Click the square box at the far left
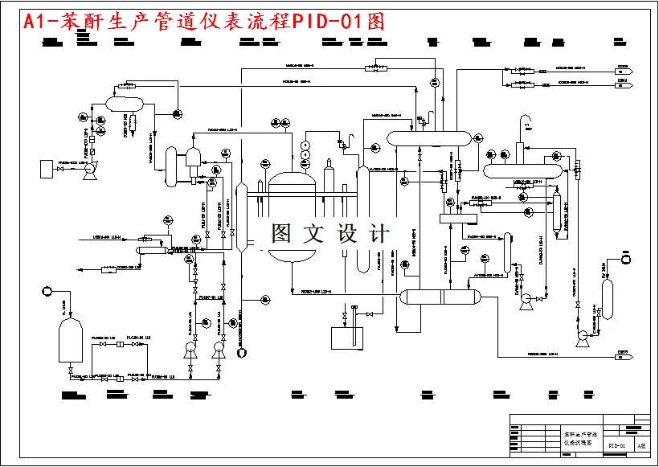[46, 169]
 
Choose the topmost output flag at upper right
[622, 69]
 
